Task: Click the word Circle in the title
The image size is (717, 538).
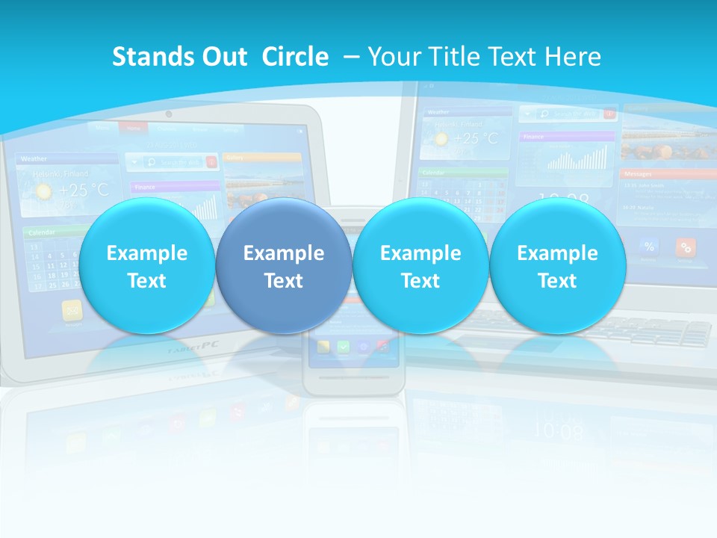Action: [295, 57]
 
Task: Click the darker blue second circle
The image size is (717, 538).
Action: [283, 266]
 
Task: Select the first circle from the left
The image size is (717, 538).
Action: [146, 266]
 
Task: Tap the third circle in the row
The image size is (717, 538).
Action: [420, 266]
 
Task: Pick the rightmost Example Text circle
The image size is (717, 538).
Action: [557, 266]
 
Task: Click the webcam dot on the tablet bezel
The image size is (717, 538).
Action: [169, 114]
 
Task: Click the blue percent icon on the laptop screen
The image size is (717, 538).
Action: [649, 247]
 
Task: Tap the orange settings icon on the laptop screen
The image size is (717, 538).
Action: [686, 247]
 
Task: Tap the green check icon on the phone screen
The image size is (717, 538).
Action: [343, 347]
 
